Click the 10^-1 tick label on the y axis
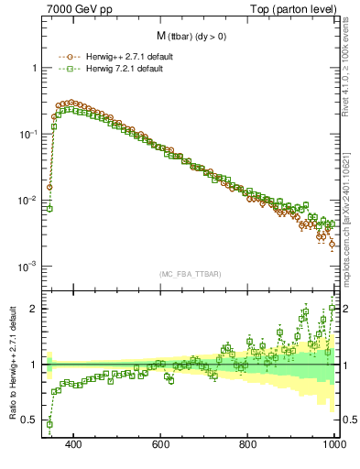pyautogui.click(x=27, y=135)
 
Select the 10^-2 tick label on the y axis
pyautogui.click(x=27, y=201)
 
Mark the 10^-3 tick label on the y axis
pyautogui.click(x=27, y=267)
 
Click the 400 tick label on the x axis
pyautogui.click(x=74, y=445)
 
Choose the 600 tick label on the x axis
pyautogui.click(x=161, y=445)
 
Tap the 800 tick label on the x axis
pyautogui.click(x=248, y=445)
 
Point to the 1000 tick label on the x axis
pyautogui.click(x=332, y=445)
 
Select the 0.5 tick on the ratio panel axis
pyautogui.click(x=30, y=420)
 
